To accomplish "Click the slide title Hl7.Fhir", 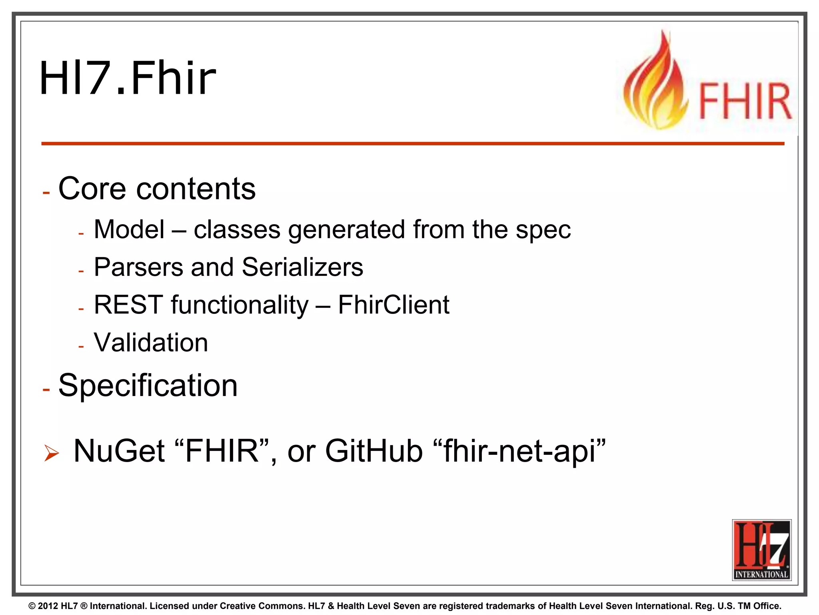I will point(127,78).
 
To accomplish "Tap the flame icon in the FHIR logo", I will point(656,84).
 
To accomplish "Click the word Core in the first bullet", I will point(92,189).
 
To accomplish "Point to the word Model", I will point(129,230).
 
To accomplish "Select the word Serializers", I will point(302,267).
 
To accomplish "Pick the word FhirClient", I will point(394,305).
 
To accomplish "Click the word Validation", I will point(151,343).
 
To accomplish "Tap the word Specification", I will point(148,385).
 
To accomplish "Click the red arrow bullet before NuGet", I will point(52,453).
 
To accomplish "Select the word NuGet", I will point(119,451).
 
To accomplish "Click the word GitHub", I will point(374,451).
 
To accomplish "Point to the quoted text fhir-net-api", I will point(519,451).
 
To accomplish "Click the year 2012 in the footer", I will point(48,606).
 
